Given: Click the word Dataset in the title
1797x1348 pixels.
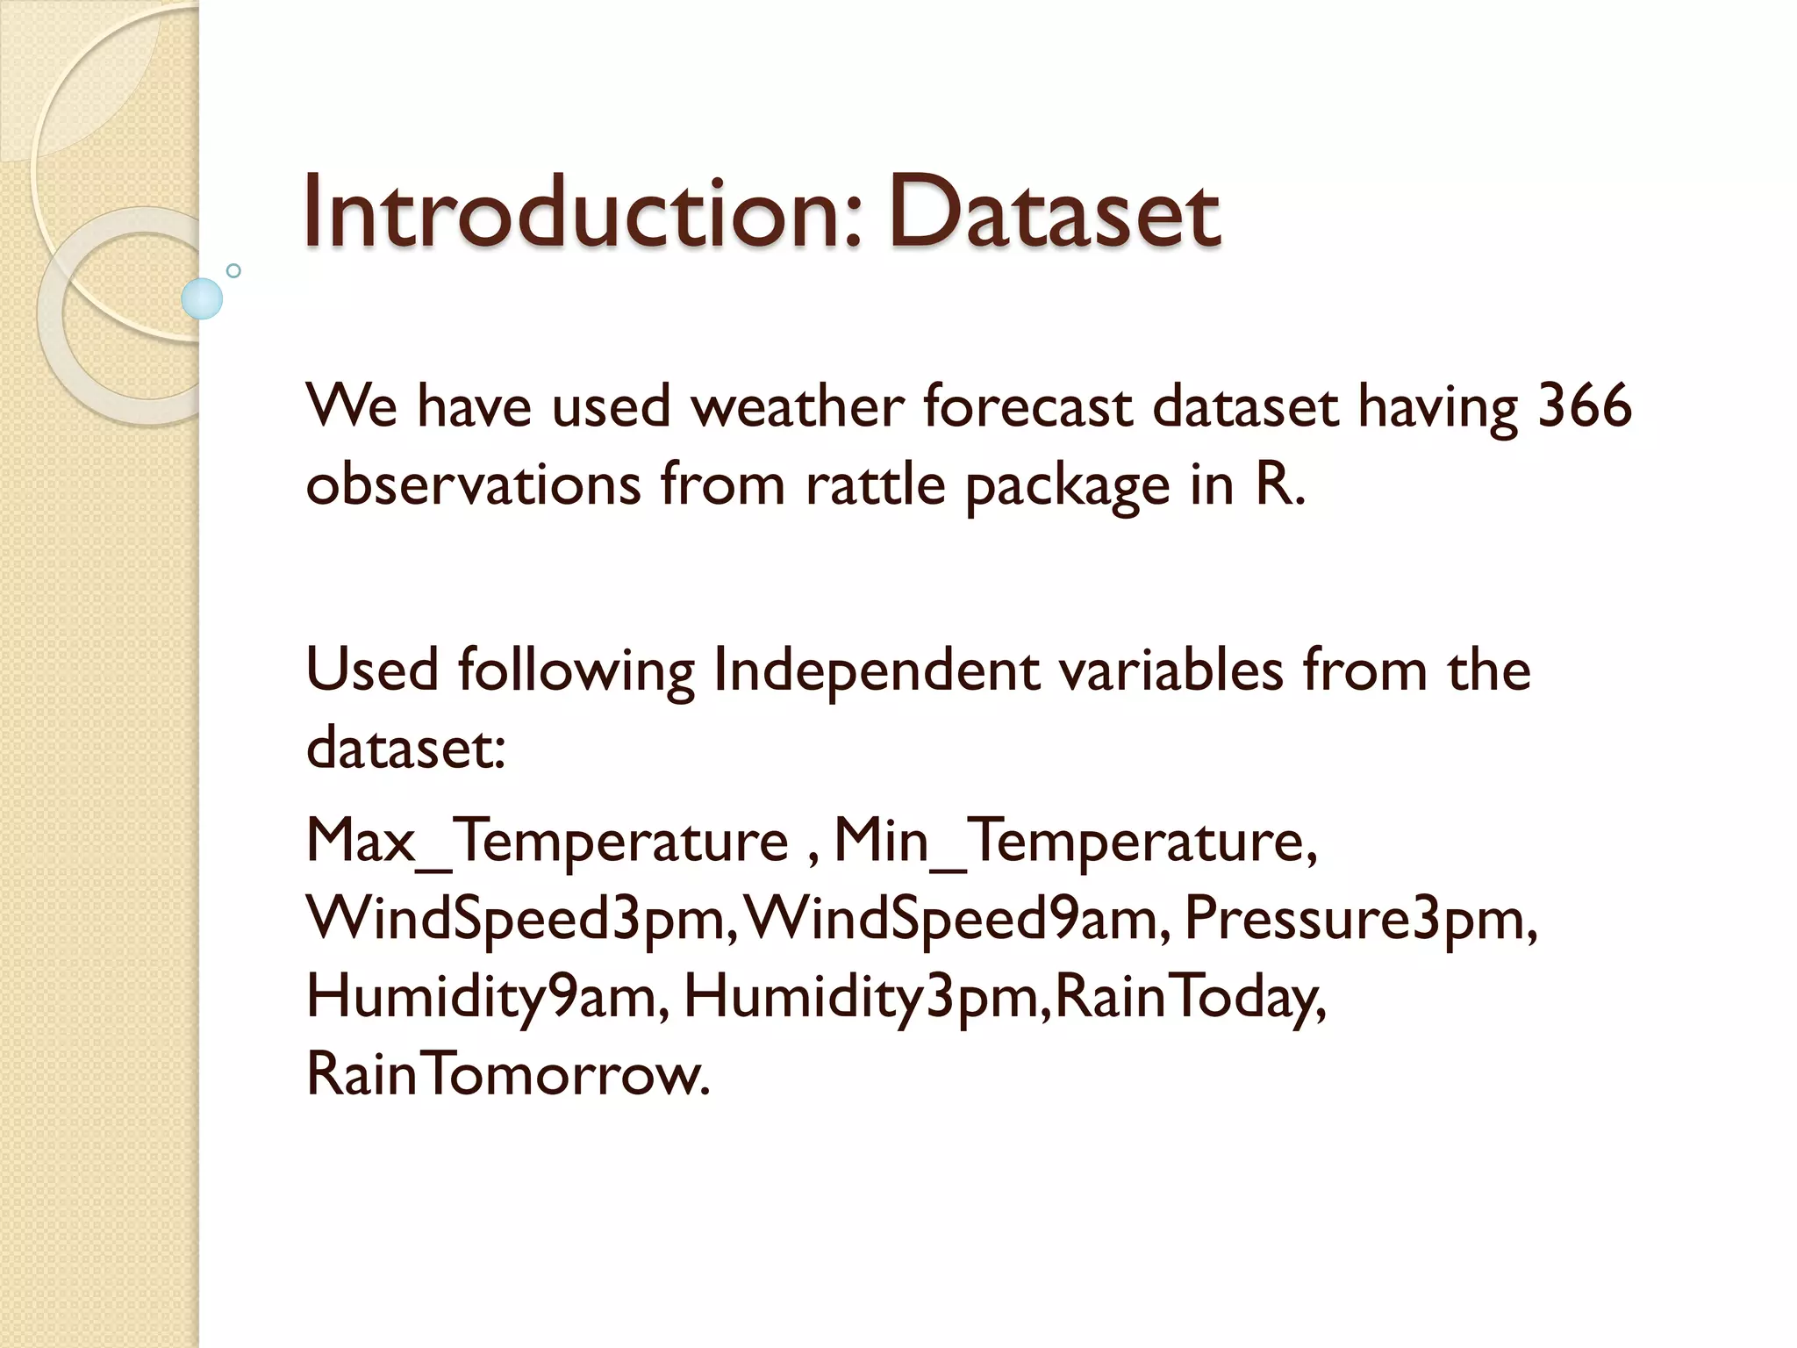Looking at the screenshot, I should [1053, 213].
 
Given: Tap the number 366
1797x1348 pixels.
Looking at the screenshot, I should [1585, 406].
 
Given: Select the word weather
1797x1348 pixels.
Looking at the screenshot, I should [797, 406].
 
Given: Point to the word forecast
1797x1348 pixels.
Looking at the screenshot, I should [1027, 406].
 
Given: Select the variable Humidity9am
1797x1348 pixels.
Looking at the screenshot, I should [486, 997].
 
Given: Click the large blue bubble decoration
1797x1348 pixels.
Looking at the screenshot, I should [202, 298].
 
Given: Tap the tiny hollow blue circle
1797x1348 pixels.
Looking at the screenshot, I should [233, 270].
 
